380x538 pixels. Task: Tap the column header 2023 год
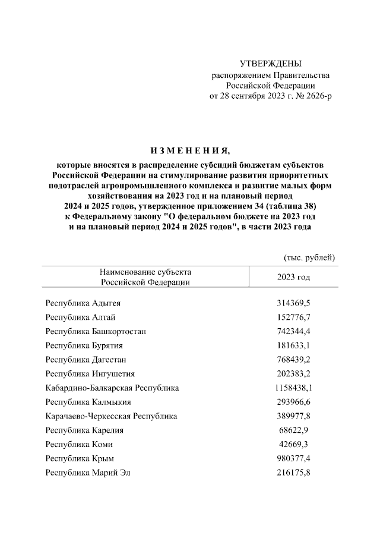click(293, 278)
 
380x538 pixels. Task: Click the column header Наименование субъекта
click(145, 272)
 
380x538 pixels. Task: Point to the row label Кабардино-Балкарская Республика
click(112, 388)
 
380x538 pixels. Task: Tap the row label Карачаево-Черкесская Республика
click(111, 417)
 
